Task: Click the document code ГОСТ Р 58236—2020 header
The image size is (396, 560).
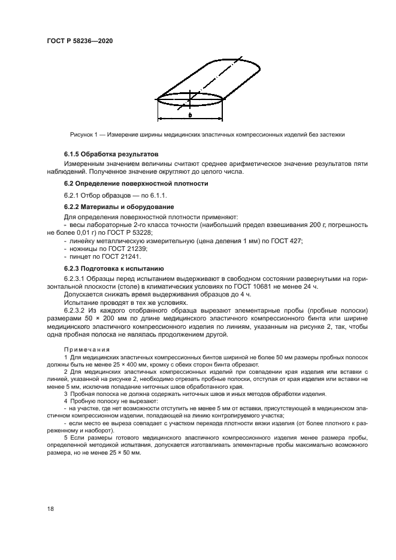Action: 80,40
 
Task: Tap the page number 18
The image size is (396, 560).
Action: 50,508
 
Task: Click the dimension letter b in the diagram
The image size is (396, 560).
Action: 189,115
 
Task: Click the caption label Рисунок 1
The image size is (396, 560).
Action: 84,134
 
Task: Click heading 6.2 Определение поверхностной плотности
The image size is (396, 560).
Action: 136,183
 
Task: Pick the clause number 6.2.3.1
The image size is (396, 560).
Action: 76,279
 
